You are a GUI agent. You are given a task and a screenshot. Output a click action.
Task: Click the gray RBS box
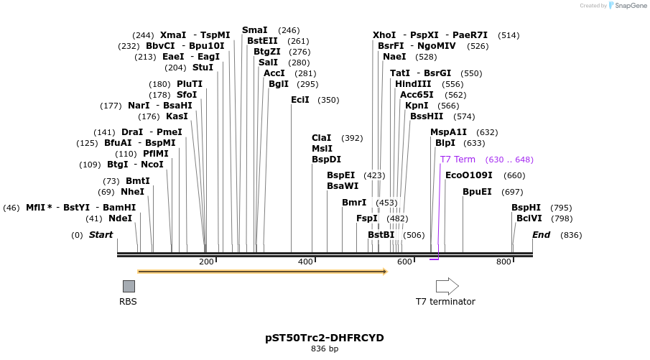(129, 286)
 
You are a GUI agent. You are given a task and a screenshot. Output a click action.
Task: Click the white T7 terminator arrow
(447, 286)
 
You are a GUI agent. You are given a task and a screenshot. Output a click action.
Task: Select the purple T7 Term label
(458, 160)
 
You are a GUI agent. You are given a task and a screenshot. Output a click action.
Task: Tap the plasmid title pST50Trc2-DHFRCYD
(324, 337)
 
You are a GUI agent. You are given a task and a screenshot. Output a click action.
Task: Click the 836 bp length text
(324, 349)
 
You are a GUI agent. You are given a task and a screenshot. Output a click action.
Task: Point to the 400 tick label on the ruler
(305, 262)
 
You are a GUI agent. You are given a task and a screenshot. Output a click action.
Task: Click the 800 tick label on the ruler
(503, 262)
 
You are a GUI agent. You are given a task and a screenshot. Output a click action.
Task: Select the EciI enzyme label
(300, 100)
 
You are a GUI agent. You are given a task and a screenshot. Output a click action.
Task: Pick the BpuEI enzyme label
(477, 192)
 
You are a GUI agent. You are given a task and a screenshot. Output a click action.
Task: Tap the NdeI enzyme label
(120, 218)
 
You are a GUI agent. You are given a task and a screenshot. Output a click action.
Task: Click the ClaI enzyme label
(321, 138)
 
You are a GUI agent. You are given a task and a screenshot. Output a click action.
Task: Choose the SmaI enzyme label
(254, 30)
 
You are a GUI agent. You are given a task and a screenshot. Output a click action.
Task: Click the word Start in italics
(101, 235)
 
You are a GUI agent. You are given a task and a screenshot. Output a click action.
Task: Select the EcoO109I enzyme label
(469, 175)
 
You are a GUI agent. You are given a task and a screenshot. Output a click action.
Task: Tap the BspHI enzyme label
(526, 208)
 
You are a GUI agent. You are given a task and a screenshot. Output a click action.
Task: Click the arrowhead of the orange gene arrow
(385, 272)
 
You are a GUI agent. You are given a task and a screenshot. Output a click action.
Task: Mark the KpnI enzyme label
(417, 106)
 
